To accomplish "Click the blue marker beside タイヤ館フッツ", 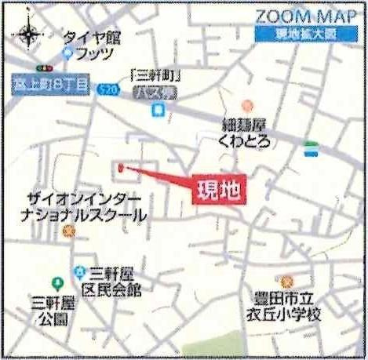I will pos(67,54).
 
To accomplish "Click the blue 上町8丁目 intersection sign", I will pos(52,82).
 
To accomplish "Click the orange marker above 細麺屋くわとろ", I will pos(247,105).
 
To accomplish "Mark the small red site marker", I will pos(121,168).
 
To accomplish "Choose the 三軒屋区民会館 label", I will pos(114,281).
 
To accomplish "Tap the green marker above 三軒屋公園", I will pos(56,282).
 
